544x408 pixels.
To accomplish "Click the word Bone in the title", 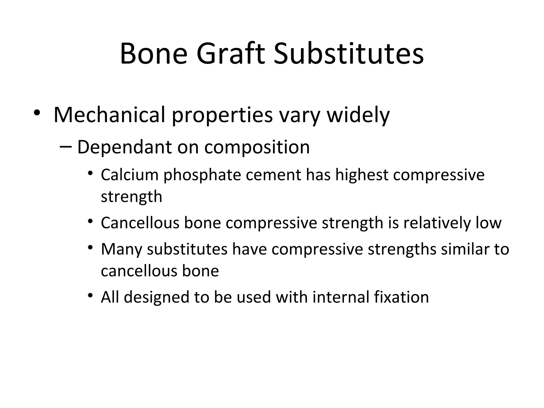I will (154, 54).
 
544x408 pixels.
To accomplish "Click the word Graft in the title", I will (231, 54).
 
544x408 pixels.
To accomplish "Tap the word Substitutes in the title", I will (348, 54).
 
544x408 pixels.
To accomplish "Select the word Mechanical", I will (109, 115).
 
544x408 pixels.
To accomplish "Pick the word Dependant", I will (124, 147).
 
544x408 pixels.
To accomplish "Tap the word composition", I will (257, 147).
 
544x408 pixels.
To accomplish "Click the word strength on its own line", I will (131, 197).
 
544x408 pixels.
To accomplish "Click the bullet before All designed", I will (90, 295).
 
